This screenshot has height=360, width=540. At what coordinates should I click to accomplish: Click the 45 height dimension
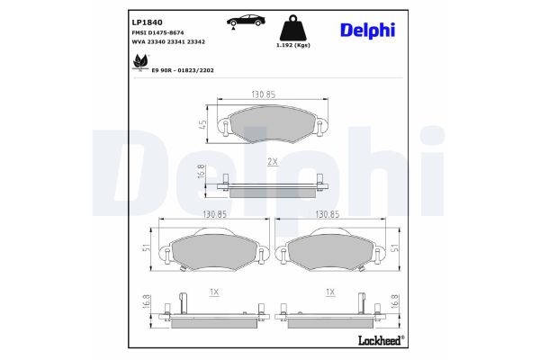(x=204, y=125)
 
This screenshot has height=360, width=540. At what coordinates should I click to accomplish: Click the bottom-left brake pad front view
(x=214, y=249)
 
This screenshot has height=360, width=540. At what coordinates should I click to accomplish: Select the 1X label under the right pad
(x=329, y=292)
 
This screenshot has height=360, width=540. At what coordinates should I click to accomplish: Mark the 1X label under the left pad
(x=213, y=292)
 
